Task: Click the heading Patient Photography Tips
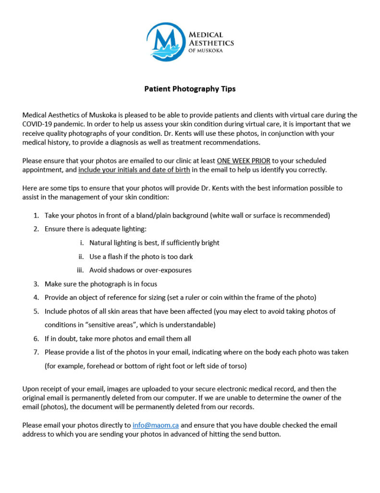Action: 190,89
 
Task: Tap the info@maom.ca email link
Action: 156,426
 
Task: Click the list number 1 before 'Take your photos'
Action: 36,215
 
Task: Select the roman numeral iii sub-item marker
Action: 80,270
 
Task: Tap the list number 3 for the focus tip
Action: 36,284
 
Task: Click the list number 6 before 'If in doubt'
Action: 36,338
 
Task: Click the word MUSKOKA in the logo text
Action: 211,51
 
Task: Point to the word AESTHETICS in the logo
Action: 211,43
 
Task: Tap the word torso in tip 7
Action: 235,366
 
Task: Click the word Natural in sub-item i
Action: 101,243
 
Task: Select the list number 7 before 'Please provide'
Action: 36,352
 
